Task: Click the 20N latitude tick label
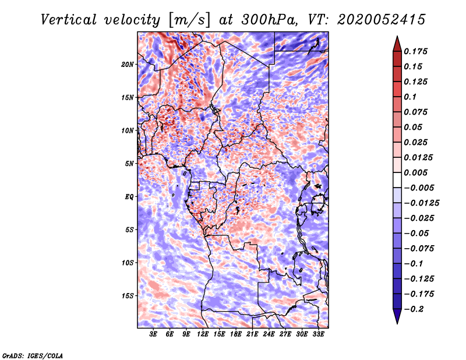pos(128,64)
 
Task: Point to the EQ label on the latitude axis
pos(129,197)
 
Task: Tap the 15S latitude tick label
pos(128,296)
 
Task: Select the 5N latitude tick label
pos(129,164)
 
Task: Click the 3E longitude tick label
pos(154,335)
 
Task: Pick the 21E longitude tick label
pos(252,335)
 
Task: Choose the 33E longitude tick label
pos(318,335)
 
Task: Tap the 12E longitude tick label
pos(203,335)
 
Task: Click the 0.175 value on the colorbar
pos(416,52)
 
